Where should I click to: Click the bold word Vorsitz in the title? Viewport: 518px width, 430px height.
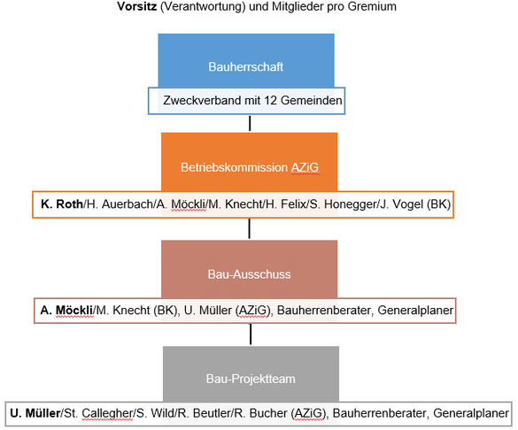tap(136, 6)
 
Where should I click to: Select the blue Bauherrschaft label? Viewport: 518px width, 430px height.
tap(246, 66)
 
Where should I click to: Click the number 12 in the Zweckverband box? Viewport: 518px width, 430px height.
tap(271, 100)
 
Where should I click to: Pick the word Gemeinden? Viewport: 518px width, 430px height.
tap(311, 100)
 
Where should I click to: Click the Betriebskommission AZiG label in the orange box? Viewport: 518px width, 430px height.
tap(250, 167)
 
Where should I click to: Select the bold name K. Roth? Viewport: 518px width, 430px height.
tap(62, 204)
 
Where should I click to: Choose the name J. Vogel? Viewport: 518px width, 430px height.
tap(402, 204)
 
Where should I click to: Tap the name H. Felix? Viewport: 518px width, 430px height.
tap(286, 204)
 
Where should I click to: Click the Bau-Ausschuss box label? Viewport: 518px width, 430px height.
tap(250, 274)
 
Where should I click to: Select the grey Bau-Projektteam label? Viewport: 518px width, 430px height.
tap(251, 379)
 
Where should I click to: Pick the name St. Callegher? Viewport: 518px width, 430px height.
tap(98, 413)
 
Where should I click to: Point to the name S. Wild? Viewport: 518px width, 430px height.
tap(155, 413)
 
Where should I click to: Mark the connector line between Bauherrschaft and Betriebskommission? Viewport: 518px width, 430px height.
tap(250, 123)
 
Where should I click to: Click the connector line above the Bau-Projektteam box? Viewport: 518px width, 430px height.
tap(251, 334)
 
